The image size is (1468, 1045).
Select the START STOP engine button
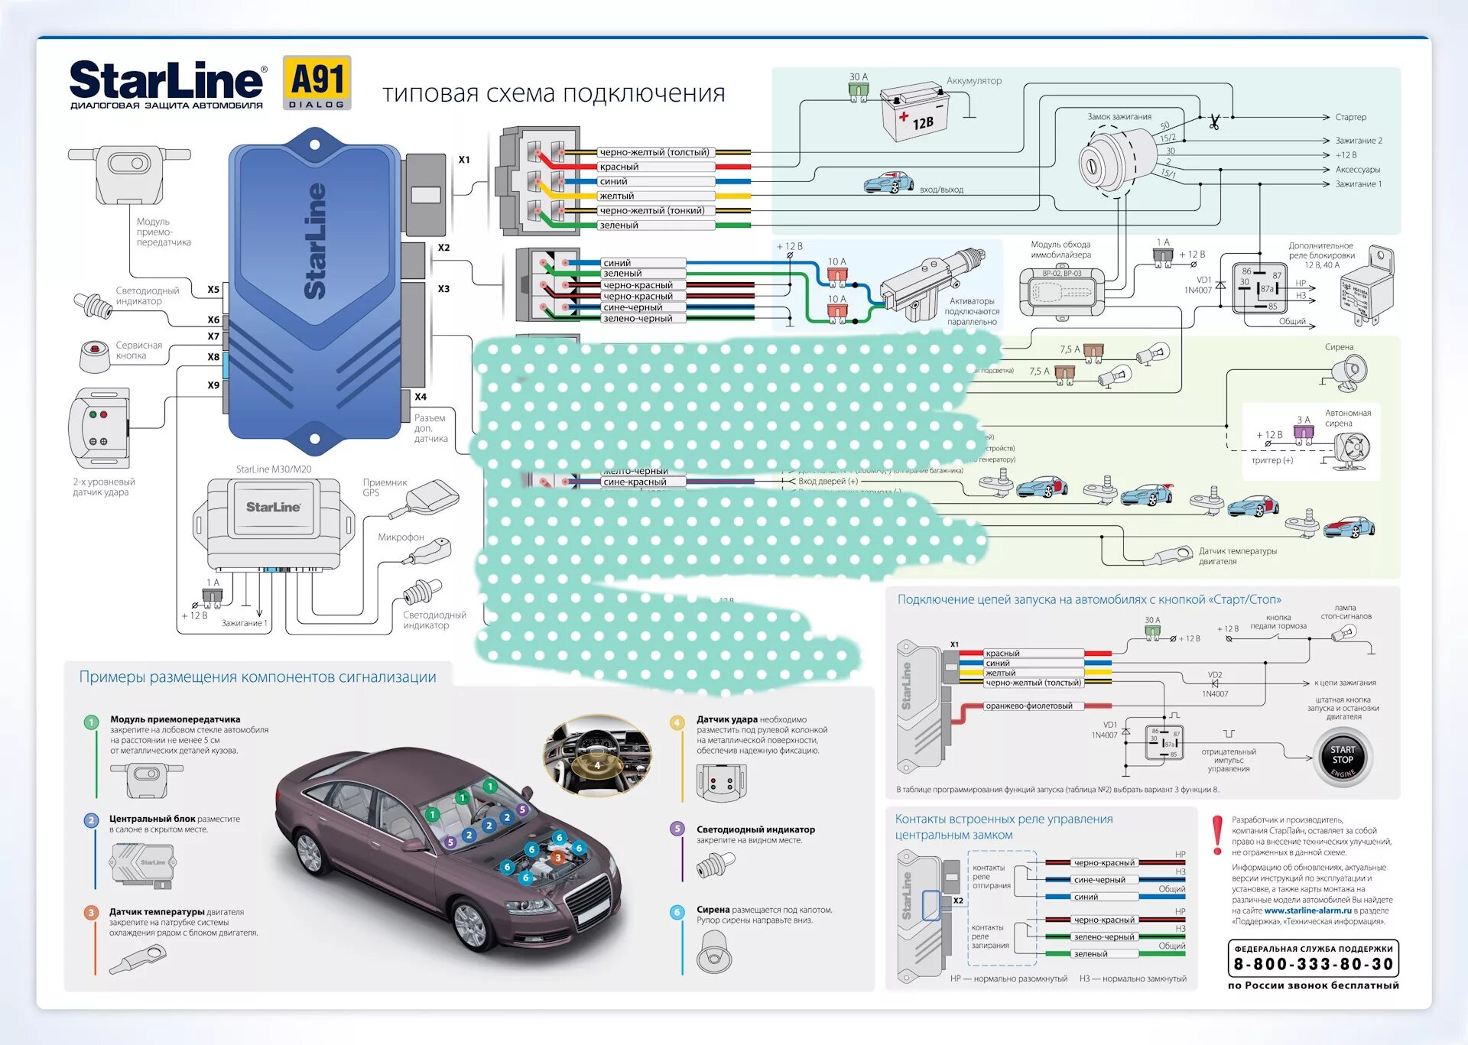tap(1343, 757)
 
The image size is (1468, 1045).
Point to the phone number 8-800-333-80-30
tap(1313, 965)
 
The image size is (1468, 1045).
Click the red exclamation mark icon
tap(1217, 835)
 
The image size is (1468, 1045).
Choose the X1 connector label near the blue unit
tap(464, 160)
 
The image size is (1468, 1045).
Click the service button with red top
tap(95, 356)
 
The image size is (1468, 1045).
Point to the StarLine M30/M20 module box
tap(274, 524)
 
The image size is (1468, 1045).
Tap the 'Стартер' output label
tap(1350, 117)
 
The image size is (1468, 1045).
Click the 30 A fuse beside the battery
tap(859, 90)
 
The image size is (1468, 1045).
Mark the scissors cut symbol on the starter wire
tap(1214, 121)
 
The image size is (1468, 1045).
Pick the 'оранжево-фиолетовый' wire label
tap(1028, 706)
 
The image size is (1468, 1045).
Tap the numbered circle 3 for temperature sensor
tap(91, 913)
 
